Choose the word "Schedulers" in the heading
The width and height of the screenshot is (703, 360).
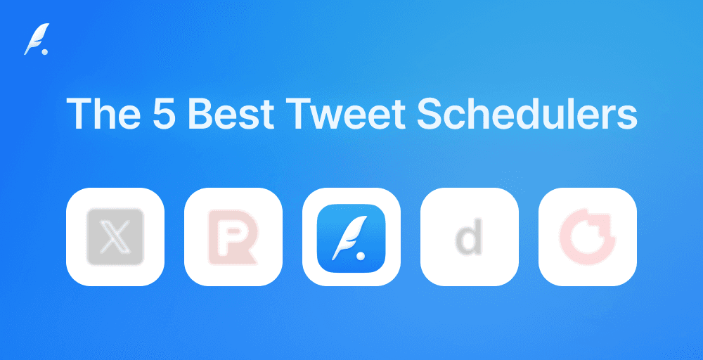tap(527, 113)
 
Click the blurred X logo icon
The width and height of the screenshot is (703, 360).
tap(115, 237)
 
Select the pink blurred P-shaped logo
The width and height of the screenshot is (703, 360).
tap(233, 237)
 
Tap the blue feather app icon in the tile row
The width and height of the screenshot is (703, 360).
tap(351, 237)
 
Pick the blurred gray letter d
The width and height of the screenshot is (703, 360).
tap(469, 238)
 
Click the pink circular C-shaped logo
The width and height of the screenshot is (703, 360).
tap(587, 237)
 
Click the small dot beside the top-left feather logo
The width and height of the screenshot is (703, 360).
tap(45, 51)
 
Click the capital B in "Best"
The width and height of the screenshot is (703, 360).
tap(199, 113)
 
